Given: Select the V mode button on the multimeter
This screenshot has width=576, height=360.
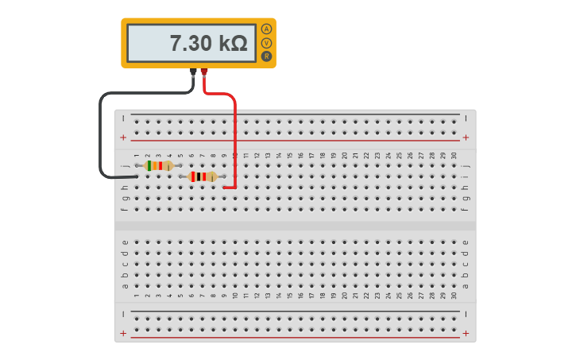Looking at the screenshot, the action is tap(266, 43).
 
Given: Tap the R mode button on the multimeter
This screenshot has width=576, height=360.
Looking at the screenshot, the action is tap(266, 56).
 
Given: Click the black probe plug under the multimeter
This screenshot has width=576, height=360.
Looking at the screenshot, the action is tap(193, 73).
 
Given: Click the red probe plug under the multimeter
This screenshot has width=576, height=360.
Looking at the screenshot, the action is tap(204, 73).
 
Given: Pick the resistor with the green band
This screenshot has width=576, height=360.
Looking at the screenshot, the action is tap(159, 165).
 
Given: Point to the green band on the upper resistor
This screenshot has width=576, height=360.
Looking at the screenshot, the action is tap(150, 165).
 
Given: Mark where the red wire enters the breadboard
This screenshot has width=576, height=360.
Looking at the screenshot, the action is tap(225, 188).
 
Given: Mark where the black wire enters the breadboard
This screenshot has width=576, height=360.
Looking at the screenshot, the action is tap(136, 176).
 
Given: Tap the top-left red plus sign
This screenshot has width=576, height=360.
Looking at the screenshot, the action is tap(123, 137).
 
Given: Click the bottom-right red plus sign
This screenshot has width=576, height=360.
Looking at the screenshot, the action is tap(466, 334).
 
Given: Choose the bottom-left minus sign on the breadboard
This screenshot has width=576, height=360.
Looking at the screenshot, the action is tap(123, 315).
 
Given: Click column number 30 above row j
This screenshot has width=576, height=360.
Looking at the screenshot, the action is tap(454, 156).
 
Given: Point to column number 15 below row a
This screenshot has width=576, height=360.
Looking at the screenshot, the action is tap(289, 295).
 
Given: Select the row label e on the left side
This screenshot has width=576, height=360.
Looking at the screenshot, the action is tap(124, 242).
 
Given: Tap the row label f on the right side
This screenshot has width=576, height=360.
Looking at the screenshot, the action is tap(466, 209).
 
